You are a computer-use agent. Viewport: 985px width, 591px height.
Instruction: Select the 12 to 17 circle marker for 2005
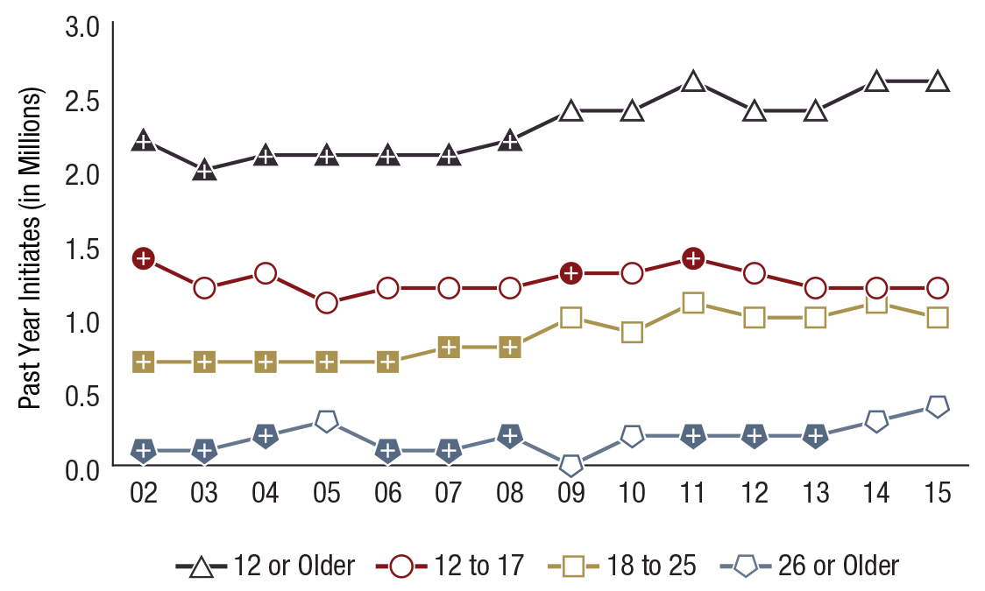[327, 303]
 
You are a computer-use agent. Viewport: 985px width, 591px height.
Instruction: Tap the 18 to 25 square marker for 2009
[571, 317]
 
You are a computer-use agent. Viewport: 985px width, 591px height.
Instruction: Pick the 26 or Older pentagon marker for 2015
[938, 406]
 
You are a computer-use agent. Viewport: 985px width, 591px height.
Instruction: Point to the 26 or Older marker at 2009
[571, 465]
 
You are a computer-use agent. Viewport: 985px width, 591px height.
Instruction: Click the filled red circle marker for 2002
[144, 258]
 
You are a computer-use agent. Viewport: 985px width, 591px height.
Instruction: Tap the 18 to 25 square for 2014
[876, 303]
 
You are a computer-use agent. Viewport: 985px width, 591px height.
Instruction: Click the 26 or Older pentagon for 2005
[327, 421]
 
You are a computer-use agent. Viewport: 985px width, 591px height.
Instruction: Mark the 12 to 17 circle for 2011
[693, 258]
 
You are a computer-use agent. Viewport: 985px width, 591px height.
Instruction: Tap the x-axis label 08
[510, 493]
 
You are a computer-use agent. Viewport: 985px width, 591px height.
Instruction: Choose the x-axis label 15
[938, 493]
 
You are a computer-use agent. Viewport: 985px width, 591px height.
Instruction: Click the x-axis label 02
[144, 493]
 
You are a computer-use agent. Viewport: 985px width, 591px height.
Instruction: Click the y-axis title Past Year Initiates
[31, 248]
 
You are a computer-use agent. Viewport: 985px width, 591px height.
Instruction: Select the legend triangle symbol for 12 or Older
[202, 566]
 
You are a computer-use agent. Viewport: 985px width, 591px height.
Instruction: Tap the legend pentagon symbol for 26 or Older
[746, 566]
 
